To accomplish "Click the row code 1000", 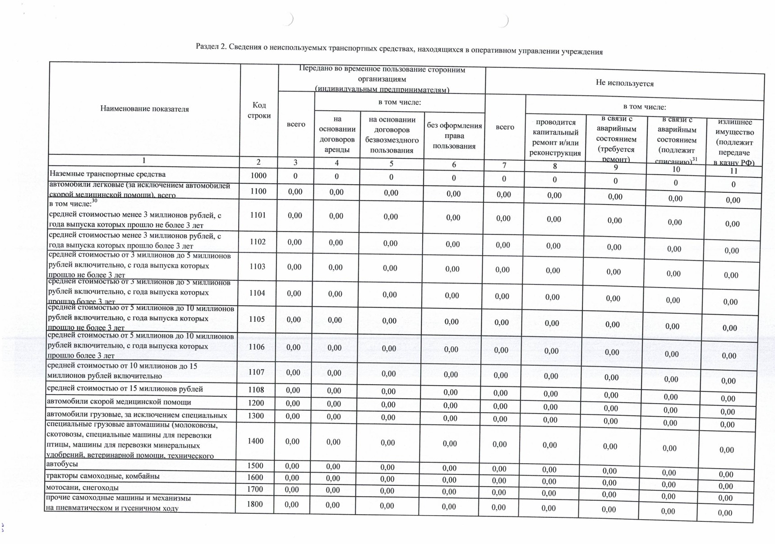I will tap(258, 176).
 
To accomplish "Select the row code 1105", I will tap(257, 319).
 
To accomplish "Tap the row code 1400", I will tap(256, 441).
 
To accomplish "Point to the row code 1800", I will tap(255, 504).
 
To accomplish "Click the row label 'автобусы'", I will tap(62, 464).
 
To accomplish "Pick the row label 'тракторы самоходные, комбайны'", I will tap(102, 476).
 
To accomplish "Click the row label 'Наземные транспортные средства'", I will tap(107, 174).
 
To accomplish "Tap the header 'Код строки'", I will tap(259, 110).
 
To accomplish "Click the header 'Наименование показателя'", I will tap(144, 109).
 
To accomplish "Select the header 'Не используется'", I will tap(624, 83).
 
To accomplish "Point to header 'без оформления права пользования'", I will tap(454, 135).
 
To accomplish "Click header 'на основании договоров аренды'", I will tap(337, 134).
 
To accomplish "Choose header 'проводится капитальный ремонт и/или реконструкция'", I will tap(555, 138).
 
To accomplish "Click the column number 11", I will tap(733, 171).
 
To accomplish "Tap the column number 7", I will tap(504, 165).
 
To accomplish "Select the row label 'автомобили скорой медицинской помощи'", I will tap(119, 402).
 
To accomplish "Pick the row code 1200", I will tap(256, 403).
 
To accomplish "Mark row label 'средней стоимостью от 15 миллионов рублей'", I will tap(125, 389).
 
